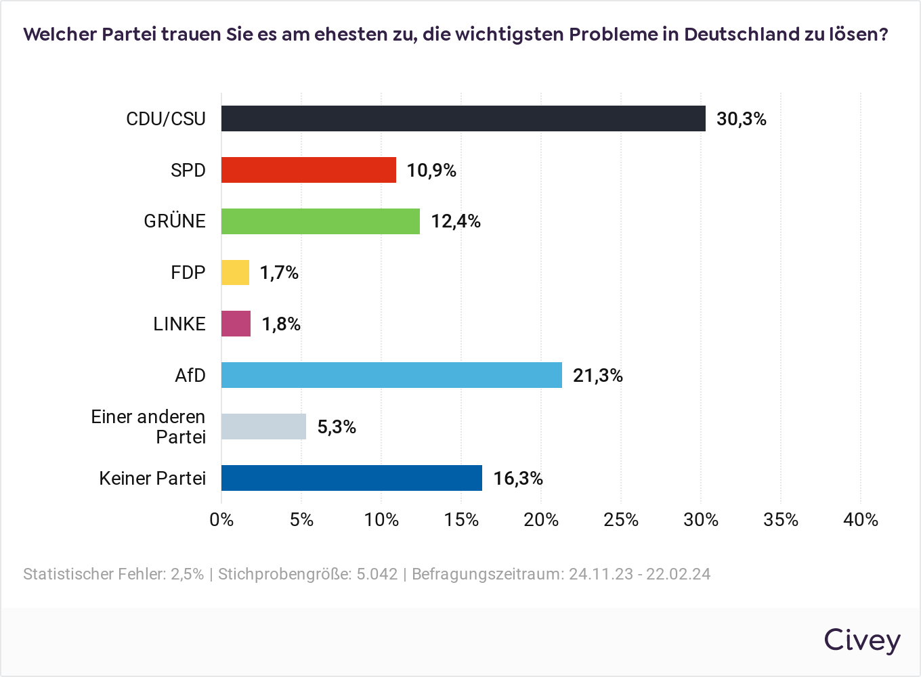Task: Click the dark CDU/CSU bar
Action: click(x=463, y=118)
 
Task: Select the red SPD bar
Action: click(x=309, y=170)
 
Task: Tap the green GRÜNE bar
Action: click(x=320, y=221)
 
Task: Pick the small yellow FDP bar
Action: click(x=235, y=272)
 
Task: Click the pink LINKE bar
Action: click(x=236, y=324)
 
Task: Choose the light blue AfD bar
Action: click(x=391, y=375)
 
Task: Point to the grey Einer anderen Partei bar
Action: click(x=263, y=427)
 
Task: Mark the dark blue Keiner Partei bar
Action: click(x=351, y=478)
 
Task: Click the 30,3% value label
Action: click(x=742, y=119)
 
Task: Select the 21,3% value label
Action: click(x=598, y=376)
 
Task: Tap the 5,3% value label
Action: click(x=337, y=427)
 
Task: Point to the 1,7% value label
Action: click(x=279, y=273)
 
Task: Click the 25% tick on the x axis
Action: click(x=621, y=520)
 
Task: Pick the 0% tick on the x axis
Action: click(x=221, y=520)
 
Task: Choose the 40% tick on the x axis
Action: click(x=861, y=520)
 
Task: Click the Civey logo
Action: click(x=862, y=640)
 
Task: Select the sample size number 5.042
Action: click(x=377, y=574)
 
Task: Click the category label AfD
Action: click(x=190, y=375)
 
